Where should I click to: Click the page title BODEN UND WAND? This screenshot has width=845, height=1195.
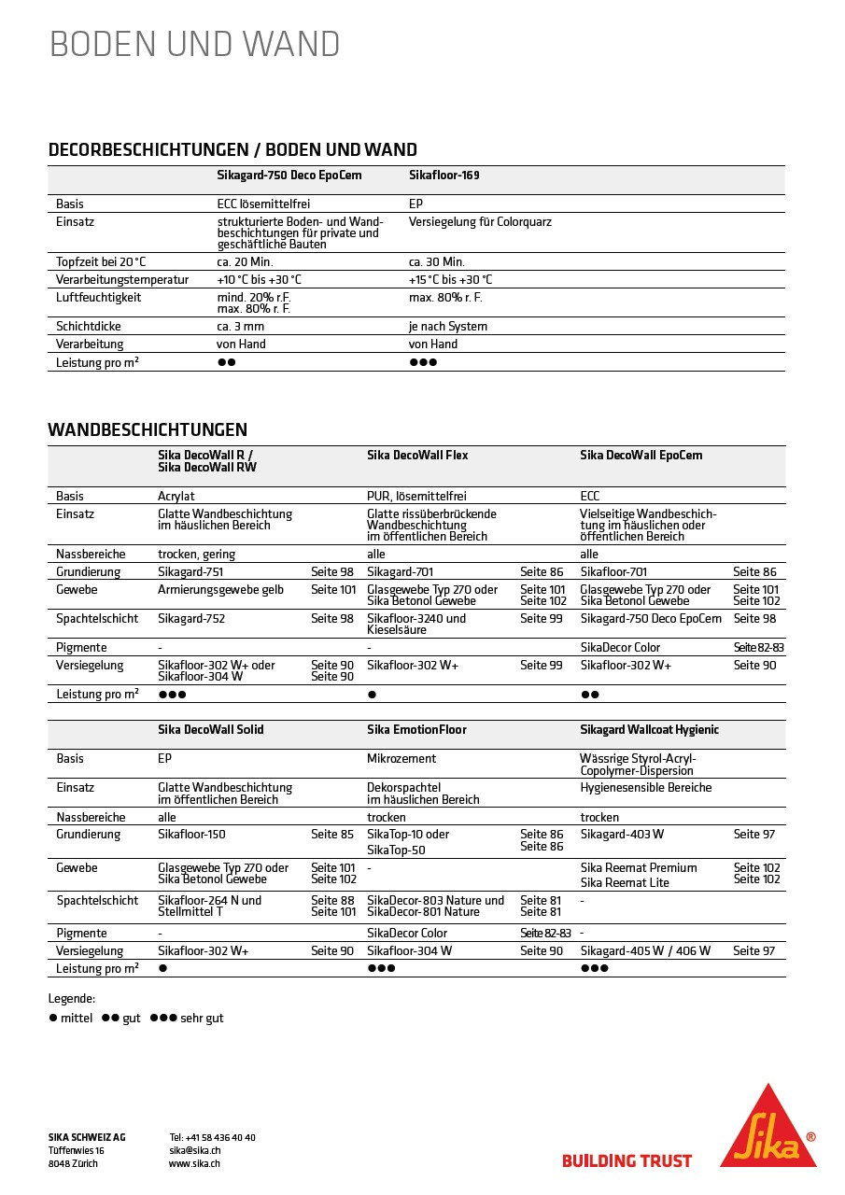click(x=194, y=44)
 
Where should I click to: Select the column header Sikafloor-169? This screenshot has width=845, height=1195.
click(x=444, y=176)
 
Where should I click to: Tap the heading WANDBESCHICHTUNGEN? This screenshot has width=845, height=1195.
click(x=148, y=430)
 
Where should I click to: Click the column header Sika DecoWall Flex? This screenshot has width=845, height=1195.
click(x=417, y=456)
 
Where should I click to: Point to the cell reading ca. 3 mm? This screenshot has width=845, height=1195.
click(x=241, y=327)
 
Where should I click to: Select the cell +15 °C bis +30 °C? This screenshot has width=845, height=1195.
click(x=450, y=280)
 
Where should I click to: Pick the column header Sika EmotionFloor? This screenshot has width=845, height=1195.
click(x=416, y=730)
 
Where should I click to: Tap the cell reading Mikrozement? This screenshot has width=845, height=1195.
click(x=401, y=759)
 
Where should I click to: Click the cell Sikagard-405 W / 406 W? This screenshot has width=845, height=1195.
click(x=645, y=951)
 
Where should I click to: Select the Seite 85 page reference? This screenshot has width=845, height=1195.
click(x=332, y=835)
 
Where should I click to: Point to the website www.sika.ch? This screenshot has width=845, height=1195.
click(x=195, y=1164)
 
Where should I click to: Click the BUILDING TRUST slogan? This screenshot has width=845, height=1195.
click(x=627, y=1161)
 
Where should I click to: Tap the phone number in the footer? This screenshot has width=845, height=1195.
click(x=213, y=1138)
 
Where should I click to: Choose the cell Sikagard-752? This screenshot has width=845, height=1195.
click(x=191, y=619)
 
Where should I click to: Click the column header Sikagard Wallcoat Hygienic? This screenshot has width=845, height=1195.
click(x=650, y=730)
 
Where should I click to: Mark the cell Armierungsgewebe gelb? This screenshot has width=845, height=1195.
click(x=220, y=590)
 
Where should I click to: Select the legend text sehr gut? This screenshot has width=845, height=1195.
click(x=202, y=1019)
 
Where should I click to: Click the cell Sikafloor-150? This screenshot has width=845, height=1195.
click(x=191, y=835)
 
